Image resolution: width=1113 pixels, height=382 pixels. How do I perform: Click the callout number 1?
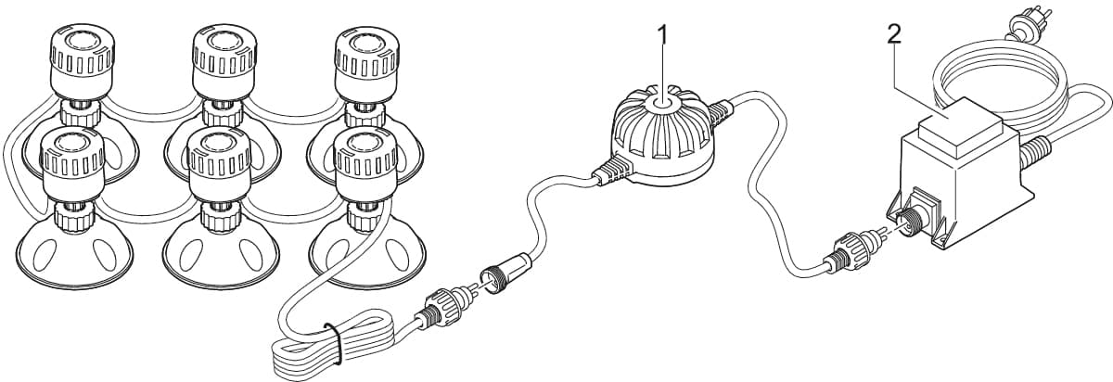(x=662, y=34)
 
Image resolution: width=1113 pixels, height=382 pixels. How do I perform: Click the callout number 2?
(x=893, y=34)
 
